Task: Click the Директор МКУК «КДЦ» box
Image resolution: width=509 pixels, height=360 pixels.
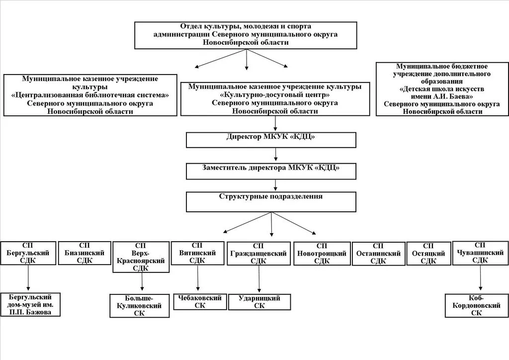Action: coord(271,140)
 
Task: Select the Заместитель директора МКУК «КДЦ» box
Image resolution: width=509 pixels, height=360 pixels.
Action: coord(271,171)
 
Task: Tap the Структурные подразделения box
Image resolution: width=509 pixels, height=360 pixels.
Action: coord(271,202)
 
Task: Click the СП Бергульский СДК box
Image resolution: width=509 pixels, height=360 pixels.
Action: coord(28,253)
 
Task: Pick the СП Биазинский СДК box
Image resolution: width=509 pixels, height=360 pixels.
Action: coord(85,253)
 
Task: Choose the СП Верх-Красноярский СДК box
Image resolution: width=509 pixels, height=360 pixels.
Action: coord(141,257)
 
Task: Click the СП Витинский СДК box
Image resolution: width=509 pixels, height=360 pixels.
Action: coord(197,253)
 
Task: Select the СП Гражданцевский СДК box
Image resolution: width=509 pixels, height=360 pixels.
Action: coord(258,254)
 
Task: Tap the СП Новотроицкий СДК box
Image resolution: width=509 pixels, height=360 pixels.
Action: coord(322,254)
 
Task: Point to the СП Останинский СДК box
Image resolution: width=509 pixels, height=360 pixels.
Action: coord(378,254)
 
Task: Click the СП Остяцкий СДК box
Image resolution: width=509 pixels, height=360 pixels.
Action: coord(428,254)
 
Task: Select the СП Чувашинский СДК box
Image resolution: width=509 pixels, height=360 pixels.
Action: coord(480,253)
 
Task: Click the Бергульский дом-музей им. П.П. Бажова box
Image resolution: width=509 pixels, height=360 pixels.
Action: coord(30,304)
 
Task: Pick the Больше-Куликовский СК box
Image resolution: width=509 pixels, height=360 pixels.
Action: coord(140,306)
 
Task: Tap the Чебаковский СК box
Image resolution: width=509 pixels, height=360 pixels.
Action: coord(200,301)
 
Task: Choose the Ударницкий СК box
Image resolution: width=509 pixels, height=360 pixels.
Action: coord(259,302)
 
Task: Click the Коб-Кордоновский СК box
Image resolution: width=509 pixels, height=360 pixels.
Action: coord(476,305)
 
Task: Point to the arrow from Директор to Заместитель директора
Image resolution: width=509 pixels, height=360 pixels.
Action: coord(275,155)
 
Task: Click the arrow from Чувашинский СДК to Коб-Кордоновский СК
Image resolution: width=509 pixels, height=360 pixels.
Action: coord(481,277)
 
